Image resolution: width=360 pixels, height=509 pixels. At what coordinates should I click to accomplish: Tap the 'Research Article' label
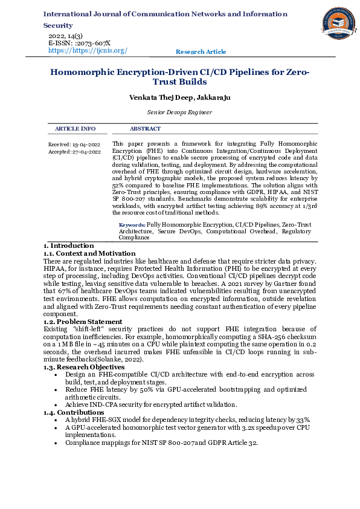coord(201,52)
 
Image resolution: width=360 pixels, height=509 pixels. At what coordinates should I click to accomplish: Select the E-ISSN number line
coord(79,44)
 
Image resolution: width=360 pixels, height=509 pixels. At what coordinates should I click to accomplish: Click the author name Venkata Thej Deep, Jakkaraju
coord(179,97)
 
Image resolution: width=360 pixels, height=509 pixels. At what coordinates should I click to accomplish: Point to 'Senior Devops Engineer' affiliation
coord(179,112)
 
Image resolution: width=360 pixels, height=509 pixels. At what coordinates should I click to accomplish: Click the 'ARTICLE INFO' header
coord(75,129)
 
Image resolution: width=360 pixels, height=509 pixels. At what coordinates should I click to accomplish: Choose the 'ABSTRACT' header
coord(145,129)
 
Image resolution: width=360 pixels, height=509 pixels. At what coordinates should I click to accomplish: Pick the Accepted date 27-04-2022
coord(74,152)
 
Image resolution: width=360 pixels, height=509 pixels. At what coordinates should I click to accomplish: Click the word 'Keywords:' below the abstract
coord(132,224)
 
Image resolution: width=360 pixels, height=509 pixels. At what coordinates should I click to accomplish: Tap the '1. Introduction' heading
coord(68,245)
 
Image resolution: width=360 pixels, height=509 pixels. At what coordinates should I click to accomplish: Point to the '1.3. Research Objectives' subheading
coord(84,367)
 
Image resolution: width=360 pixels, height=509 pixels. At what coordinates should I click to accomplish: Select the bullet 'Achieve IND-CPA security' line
coord(150,404)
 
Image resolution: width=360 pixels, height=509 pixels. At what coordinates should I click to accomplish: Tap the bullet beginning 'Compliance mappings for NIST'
coord(161,443)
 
